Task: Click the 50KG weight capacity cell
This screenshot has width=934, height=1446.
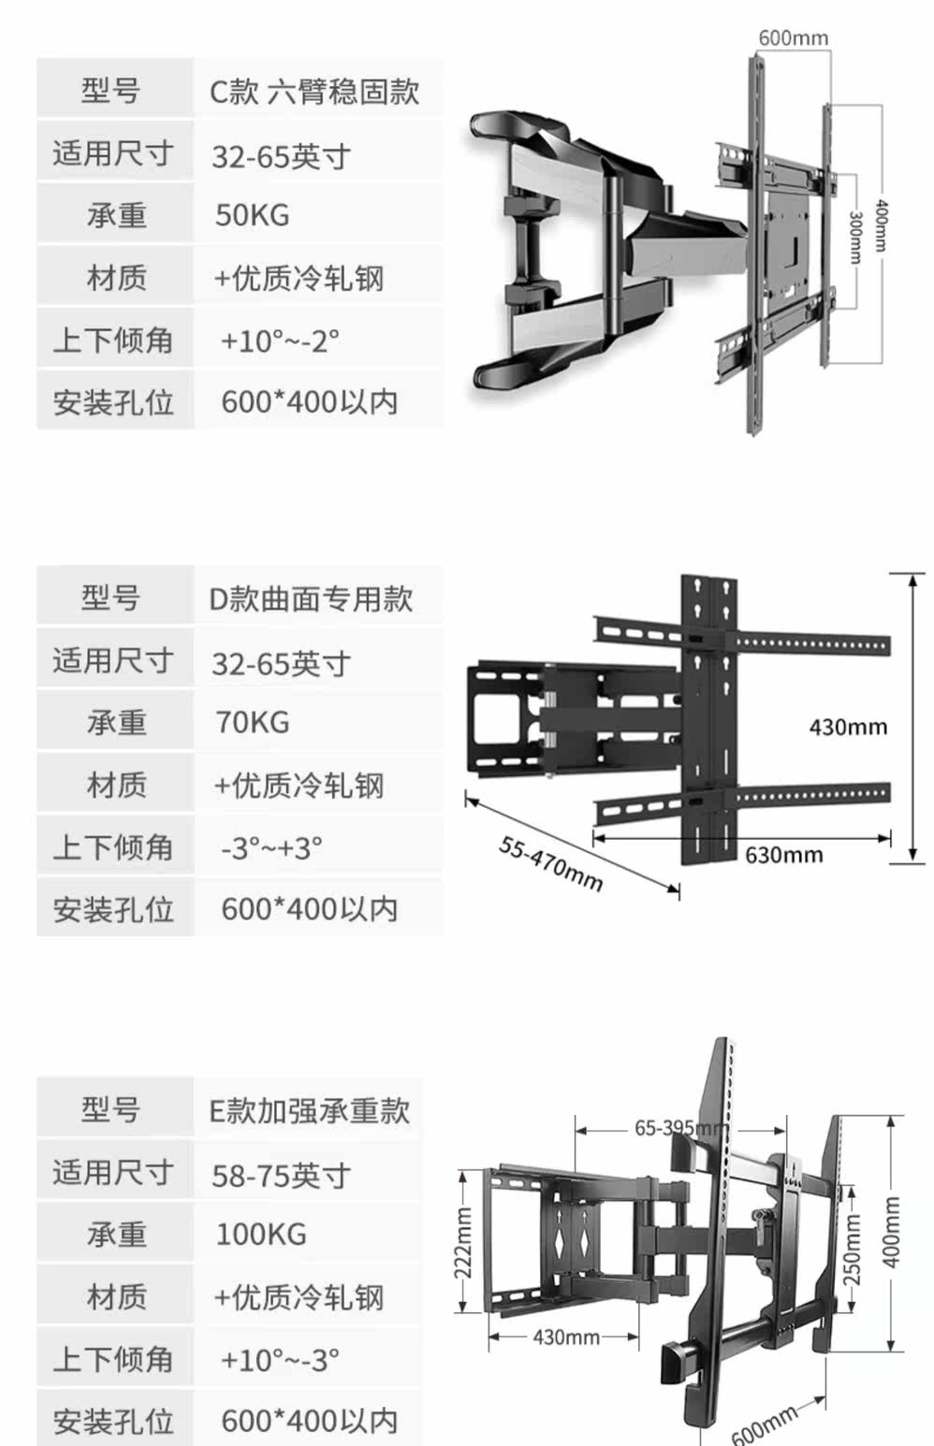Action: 252,215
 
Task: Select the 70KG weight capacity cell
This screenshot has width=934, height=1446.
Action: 252,722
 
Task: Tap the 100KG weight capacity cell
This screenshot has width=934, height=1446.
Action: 260,1234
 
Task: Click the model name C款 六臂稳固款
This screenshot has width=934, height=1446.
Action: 314,92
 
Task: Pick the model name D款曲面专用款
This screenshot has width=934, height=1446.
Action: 310,599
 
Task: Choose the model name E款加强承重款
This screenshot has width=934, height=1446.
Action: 309,1110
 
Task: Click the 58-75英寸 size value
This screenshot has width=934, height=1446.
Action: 281,1175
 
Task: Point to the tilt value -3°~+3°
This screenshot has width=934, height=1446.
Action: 271,848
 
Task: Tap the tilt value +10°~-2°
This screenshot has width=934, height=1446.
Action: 280,340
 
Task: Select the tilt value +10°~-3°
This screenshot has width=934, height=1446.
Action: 280,1359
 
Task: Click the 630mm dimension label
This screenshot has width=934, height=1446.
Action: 783,854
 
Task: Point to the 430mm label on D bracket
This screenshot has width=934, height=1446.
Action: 847,727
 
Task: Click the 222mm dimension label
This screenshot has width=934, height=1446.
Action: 463,1243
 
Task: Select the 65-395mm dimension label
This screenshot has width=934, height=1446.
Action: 679,1128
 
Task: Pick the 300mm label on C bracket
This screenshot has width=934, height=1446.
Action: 854,237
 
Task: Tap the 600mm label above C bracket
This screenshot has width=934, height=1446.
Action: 793,37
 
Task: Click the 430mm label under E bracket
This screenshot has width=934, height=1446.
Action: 565,1337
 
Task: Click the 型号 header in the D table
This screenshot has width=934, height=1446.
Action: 111,597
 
